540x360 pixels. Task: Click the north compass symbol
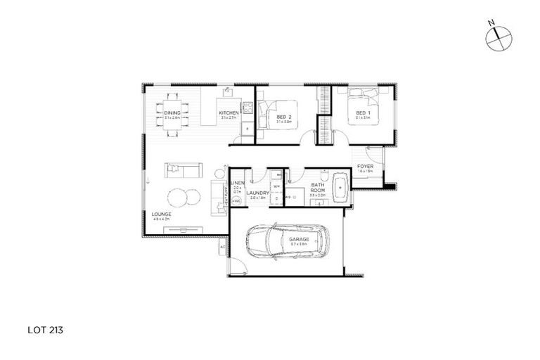pyautogui.click(x=497, y=36)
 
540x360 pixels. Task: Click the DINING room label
pyautogui.click(x=172, y=112)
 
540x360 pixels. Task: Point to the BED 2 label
pyautogui.click(x=283, y=116)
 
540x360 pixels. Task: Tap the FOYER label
pyautogui.click(x=365, y=166)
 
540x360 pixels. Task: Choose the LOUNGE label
pyautogui.click(x=161, y=215)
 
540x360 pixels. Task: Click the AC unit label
pyautogui.click(x=222, y=247)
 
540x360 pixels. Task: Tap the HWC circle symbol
pyautogui.click(x=236, y=201)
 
